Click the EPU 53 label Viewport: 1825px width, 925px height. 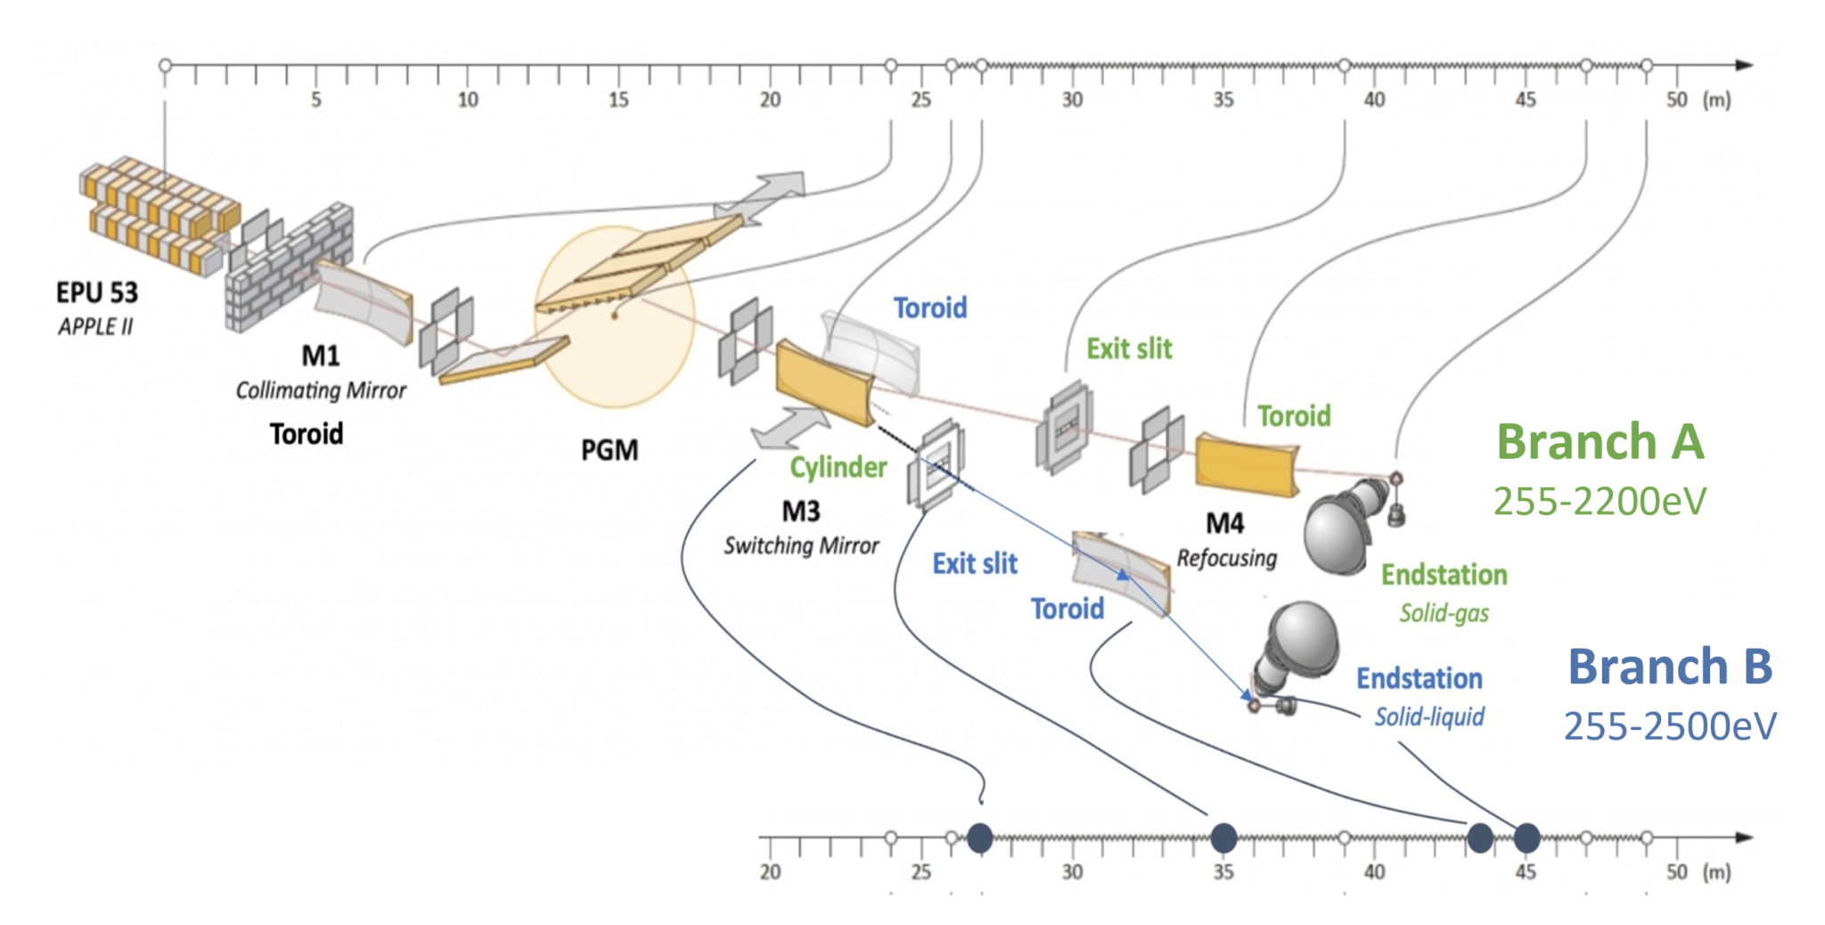(x=96, y=293)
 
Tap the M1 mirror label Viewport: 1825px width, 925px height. (x=320, y=356)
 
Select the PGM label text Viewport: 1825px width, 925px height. (x=610, y=450)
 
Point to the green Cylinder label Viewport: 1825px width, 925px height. (x=838, y=468)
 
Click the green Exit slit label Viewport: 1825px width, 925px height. (x=1128, y=348)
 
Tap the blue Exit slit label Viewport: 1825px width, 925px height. (x=974, y=564)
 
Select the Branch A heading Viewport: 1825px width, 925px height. (x=1600, y=442)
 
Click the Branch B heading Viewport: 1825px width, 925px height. (x=1669, y=667)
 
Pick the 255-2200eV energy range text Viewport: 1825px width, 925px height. (x=1600, y=502)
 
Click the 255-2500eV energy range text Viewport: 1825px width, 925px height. (x=1669, y=726)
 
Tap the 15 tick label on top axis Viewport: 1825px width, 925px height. (x=618, y=100)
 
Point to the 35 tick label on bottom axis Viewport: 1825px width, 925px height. (x=1223, y=872)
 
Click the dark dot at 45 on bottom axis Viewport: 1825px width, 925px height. (x=1526, y=838)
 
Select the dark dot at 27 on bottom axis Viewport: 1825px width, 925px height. (x=980, y=838)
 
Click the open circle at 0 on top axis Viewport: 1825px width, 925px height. (x=165, y=65)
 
